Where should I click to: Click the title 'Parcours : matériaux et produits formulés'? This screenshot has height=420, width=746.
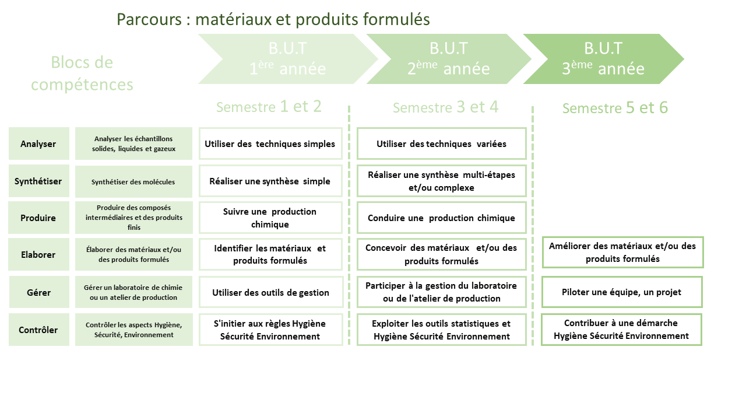[273, 19]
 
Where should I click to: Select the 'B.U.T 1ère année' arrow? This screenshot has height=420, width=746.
[287, 59]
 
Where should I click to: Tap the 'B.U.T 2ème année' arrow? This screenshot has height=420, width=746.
[448, 59]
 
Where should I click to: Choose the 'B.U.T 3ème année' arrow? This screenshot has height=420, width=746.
[603, 59]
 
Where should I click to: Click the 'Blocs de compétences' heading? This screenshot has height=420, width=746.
[82, 73]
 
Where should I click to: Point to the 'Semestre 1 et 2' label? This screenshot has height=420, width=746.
[269, 107]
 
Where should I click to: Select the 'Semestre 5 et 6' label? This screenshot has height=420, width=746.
[615, 108]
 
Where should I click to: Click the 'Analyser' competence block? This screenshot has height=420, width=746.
[38, 143]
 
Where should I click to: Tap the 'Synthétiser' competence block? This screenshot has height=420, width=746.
[38, 181]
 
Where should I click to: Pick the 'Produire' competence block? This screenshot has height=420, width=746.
[38, 218]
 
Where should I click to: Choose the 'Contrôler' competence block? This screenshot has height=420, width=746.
[38, 330]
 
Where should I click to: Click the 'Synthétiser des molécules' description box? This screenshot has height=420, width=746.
[133, 181]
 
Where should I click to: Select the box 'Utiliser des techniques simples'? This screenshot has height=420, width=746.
[270, 143]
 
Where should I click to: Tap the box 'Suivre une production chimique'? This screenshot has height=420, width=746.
[270, 218]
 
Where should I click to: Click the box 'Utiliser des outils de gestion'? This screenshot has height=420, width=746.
[270, 292]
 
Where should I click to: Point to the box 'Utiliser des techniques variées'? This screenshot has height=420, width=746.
[441, 143]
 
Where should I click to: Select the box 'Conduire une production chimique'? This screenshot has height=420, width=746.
[441, 218]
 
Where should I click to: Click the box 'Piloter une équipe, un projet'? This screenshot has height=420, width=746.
[621, 292]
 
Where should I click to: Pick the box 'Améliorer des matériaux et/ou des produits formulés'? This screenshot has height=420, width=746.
[622, 252]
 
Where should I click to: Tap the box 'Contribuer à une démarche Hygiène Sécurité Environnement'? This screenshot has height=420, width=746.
[621, 330]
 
